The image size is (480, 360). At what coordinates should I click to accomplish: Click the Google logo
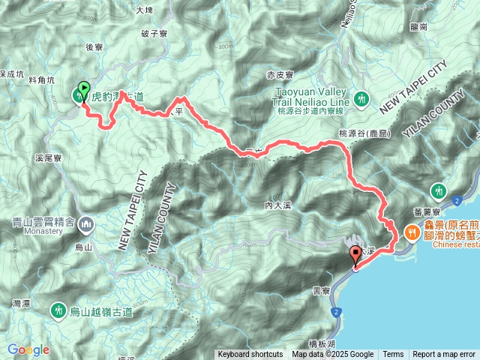pyautogui.click(x=29, y=349)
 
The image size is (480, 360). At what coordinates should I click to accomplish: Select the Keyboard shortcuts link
pyautogui.click(x=250, y=355)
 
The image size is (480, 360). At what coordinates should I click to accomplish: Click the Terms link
pyautogui.click(x=393, y=355)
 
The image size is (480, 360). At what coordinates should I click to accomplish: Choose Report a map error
pyautogui.click(x=444, y=355)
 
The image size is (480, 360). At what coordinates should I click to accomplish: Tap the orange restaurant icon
pyautogui.click(x=412, y=233)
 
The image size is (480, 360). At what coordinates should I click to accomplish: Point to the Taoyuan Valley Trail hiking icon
pyautogui.click(x=361, y=98)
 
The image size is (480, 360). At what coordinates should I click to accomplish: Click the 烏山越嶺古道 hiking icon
pyautogui.click(x=58, y=310)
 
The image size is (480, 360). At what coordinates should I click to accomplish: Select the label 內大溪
pyautogui.click(x=277, y=205)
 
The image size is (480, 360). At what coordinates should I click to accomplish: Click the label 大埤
pyautogui.click(x=145, y=10)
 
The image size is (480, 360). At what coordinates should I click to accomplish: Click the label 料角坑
pyautogui.click(x=41, y=79)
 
